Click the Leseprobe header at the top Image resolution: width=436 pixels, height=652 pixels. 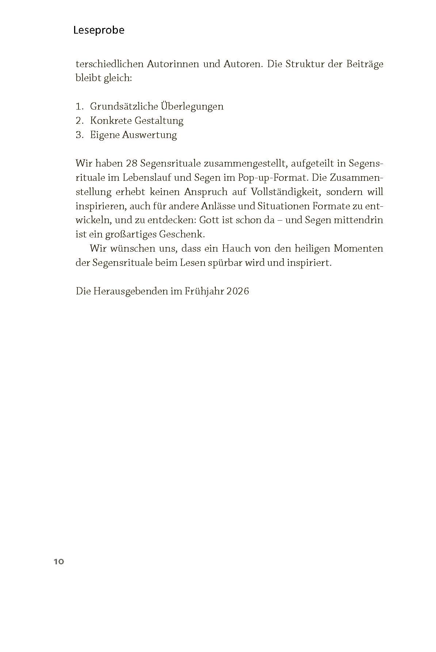pyautogui.click(x=99, y=30)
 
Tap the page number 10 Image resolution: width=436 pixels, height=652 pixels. pyautogui.click(x=59, y=562)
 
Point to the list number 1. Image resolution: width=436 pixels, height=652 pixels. pyautogui.click(x=79, y=107)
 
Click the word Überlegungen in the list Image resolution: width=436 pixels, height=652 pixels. pyautogui.click(x=192, y=107)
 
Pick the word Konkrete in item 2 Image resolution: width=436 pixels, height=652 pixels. pyautogui.click(x=111, y=121)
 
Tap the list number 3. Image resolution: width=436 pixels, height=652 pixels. pyautogui.click(x=79, y=135)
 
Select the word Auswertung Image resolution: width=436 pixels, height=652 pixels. pyautogui.click(x=149, y=135)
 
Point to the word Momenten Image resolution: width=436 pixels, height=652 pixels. pyautogui.click(x=353, y=249)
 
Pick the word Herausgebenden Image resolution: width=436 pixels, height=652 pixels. pyautogui.click(x=129, y=291)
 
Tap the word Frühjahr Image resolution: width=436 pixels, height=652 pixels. pyautogui.click(x=200, y=291)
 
